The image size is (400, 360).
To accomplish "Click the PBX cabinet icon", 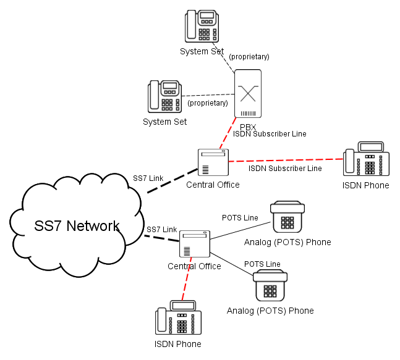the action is [x=248, y=93].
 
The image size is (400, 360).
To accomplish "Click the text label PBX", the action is [x=248, y=127].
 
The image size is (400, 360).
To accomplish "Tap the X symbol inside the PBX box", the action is [x=248, y=93].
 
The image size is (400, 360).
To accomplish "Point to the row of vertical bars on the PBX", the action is [x=248, y=114].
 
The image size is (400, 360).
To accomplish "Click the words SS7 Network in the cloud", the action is [x=77, y=226].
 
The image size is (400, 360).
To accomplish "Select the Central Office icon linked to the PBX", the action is [x=213, y=162].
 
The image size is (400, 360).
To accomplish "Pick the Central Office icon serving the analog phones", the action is [x=195, y=244].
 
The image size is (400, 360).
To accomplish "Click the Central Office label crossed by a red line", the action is [x=194, y=266].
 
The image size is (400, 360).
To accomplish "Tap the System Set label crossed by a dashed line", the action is [x=202, y=51].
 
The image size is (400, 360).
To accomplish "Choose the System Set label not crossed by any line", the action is [x=165, y=122].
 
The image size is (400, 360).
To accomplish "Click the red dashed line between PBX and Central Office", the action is [x=228, y=133].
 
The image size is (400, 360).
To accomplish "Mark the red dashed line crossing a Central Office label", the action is [x=187, y=278].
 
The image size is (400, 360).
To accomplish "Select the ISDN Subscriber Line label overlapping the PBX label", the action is [x=270, y=134].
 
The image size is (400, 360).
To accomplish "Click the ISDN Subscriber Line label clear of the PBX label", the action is [x=285, y=169].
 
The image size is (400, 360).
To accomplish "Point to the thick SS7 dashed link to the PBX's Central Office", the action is [x=172, y=181].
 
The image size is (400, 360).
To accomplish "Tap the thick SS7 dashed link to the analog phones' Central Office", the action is [x=162, y=238].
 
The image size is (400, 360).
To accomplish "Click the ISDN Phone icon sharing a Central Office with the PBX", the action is [x=366, y=159].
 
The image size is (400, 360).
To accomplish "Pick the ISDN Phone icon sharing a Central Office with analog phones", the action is [x=178, y=317].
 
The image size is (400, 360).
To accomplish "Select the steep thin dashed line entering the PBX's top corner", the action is [x=223, y=58].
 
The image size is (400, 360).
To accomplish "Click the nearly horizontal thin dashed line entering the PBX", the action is [x=208, y=95].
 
